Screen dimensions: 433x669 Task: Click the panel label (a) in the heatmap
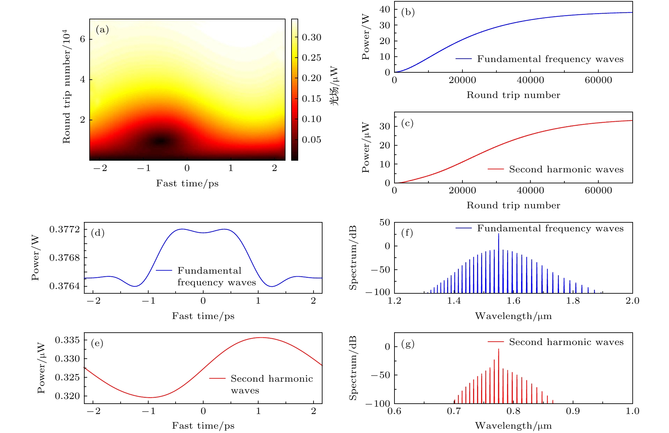click(102, 30)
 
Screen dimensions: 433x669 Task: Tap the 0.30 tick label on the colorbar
click(312, 37)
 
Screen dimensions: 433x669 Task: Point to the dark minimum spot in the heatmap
click(161, 141)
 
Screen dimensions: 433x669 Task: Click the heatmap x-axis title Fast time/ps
click(187, 183)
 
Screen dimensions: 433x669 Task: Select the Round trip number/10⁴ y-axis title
click(67, 87)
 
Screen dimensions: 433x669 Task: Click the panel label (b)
click(408, 12)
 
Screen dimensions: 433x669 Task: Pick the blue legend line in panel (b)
click(463, 59)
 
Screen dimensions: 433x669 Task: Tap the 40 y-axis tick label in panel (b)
click(384, 9)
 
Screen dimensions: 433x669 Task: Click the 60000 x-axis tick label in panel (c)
click(598, 191)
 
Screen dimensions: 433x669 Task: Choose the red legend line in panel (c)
click(495, 169)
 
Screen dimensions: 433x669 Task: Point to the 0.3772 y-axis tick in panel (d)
click(65, 229)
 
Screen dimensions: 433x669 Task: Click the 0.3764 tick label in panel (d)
click(65, 286)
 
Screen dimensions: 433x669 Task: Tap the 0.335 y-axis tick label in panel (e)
click(67, 340)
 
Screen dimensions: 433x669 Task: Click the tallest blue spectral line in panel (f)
click(498, 234)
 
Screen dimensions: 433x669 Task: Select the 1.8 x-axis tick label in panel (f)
click(573, 301)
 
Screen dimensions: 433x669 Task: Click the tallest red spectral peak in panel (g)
click(498, 349)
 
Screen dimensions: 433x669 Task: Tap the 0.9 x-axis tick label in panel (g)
click(573, 411)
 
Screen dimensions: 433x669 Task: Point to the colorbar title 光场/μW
click(334, 86)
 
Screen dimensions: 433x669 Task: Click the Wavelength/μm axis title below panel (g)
click(513, 426)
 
